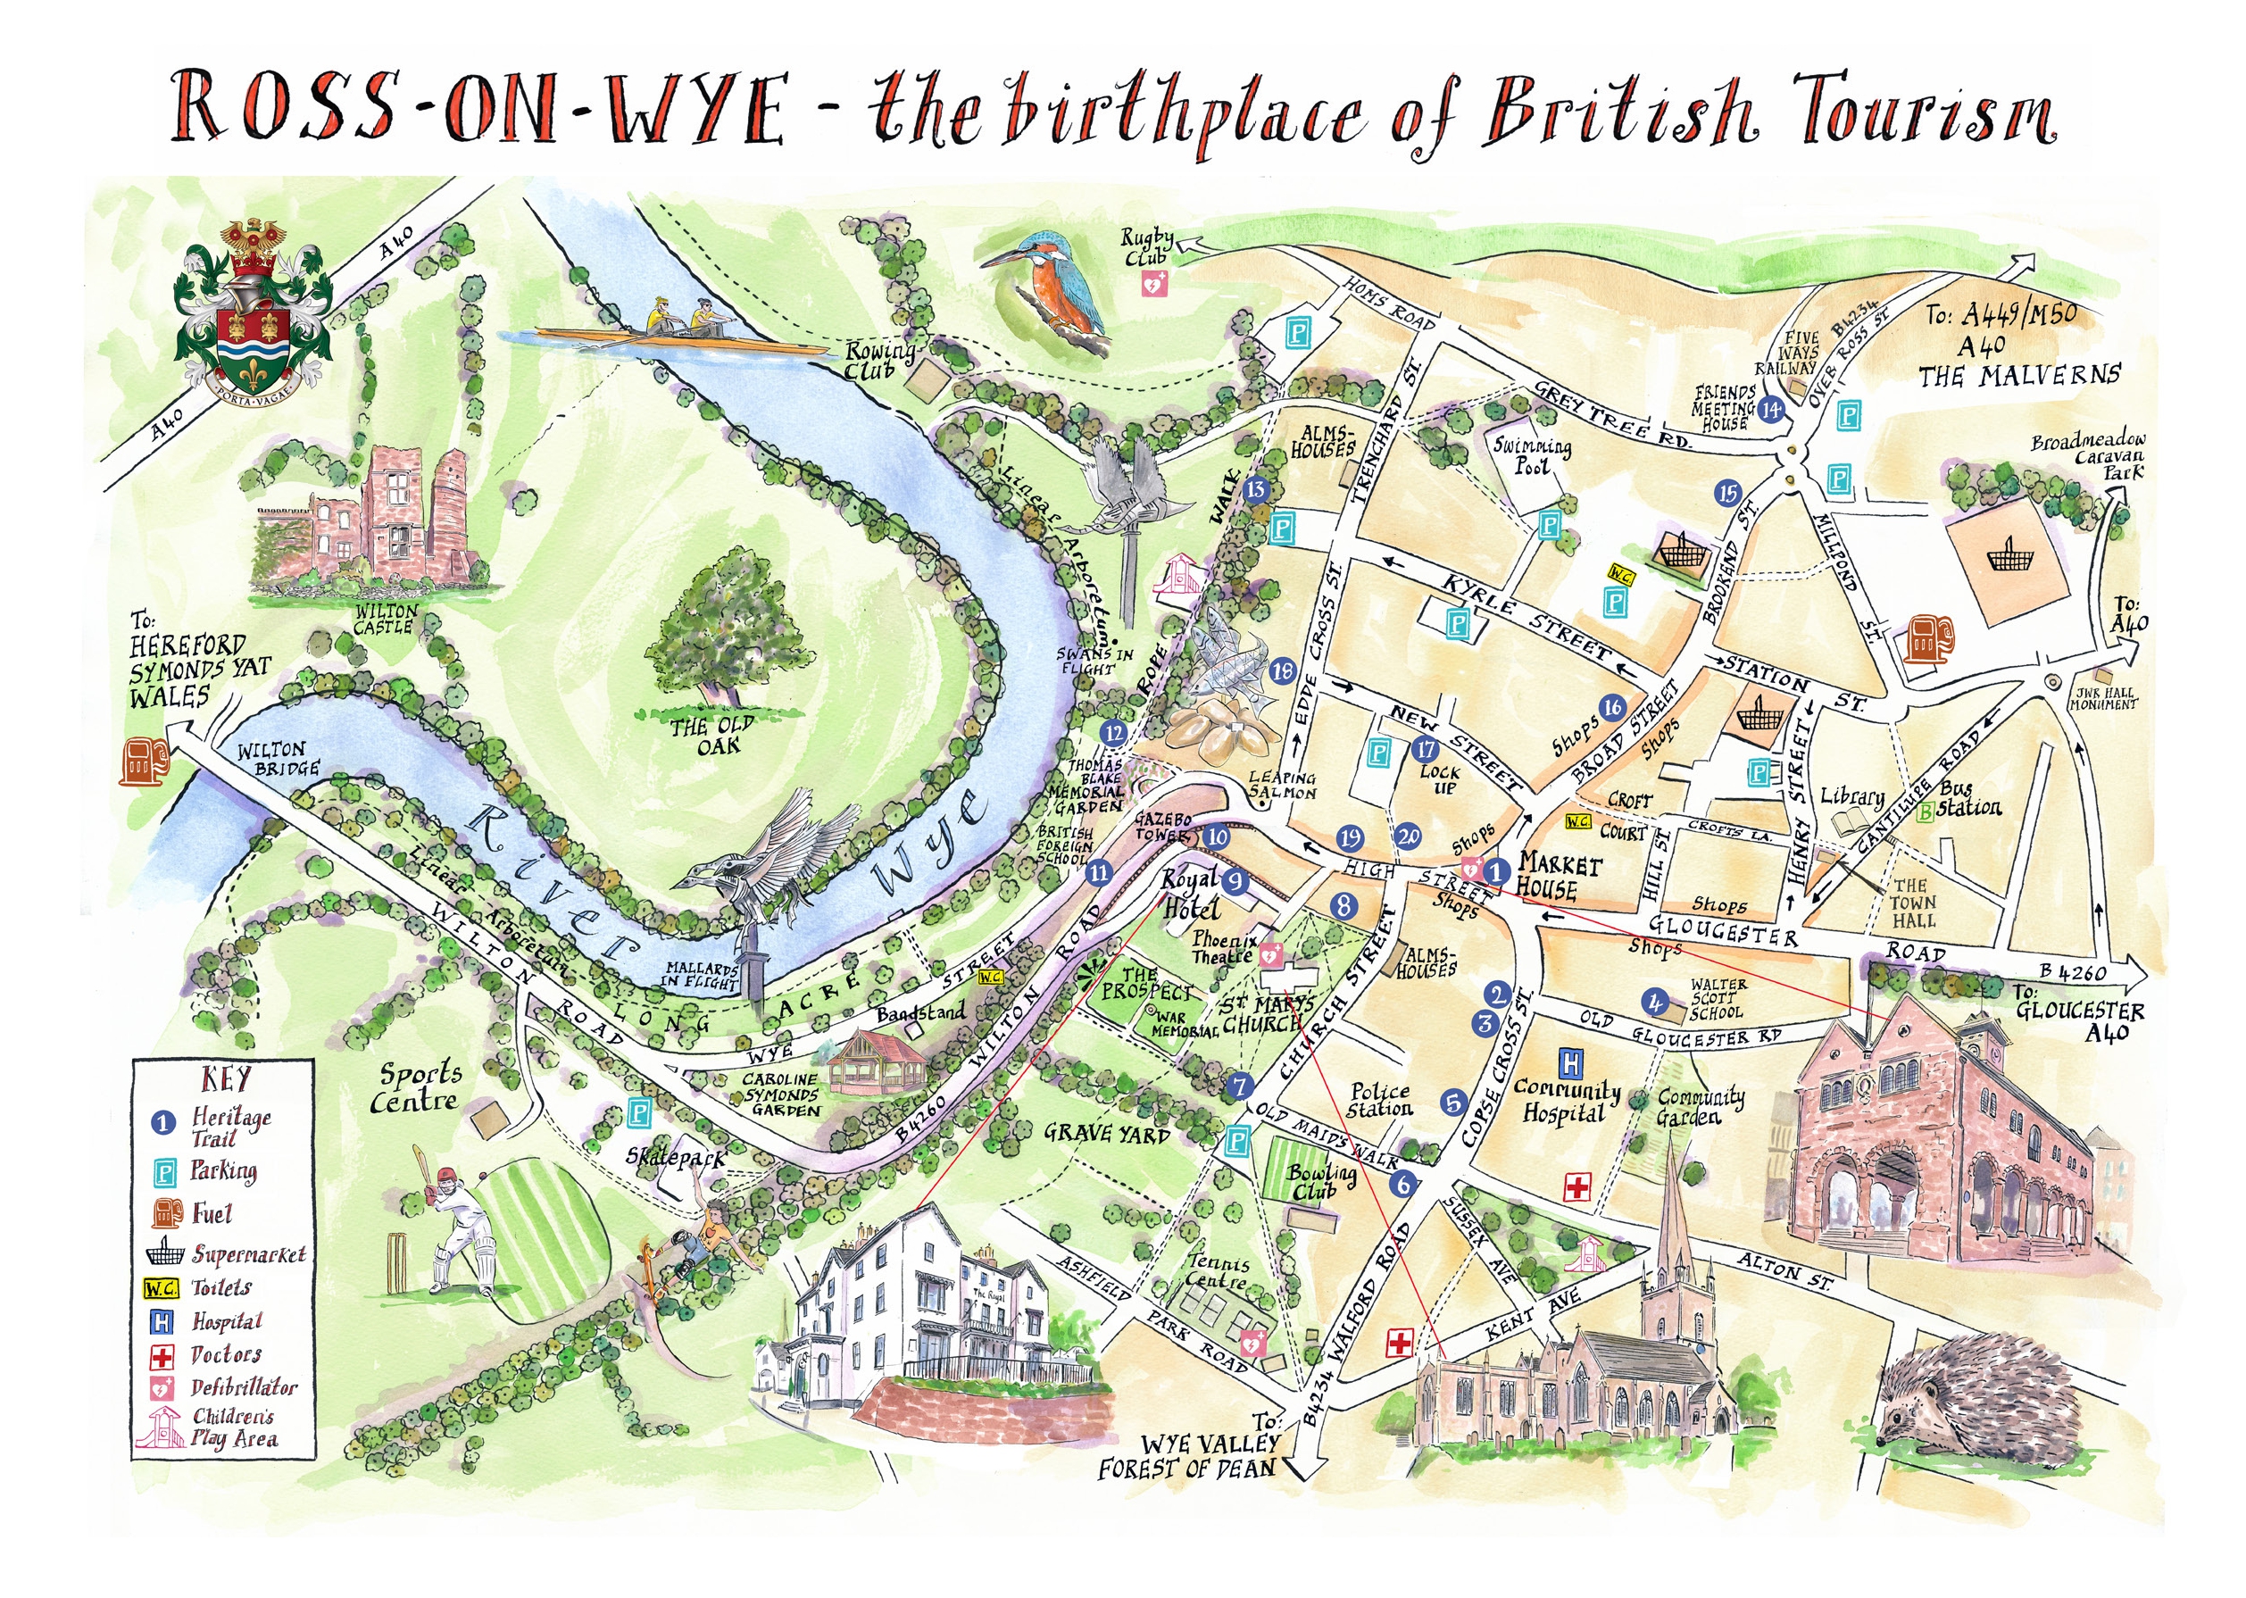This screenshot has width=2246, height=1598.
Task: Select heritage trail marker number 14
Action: pos(1772,408)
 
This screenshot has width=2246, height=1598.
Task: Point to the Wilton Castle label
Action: pos(386,618)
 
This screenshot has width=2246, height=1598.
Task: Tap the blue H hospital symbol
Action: pos(1571,1062)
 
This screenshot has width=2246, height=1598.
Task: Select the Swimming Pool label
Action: pos(1532,454)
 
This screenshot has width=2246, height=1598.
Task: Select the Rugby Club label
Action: pos(1148,247)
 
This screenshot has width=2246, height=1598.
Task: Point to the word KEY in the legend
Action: pos(225,1079)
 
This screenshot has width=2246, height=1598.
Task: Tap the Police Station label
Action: pos(1379,1099)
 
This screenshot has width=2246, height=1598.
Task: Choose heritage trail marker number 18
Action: pos(1282,671)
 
